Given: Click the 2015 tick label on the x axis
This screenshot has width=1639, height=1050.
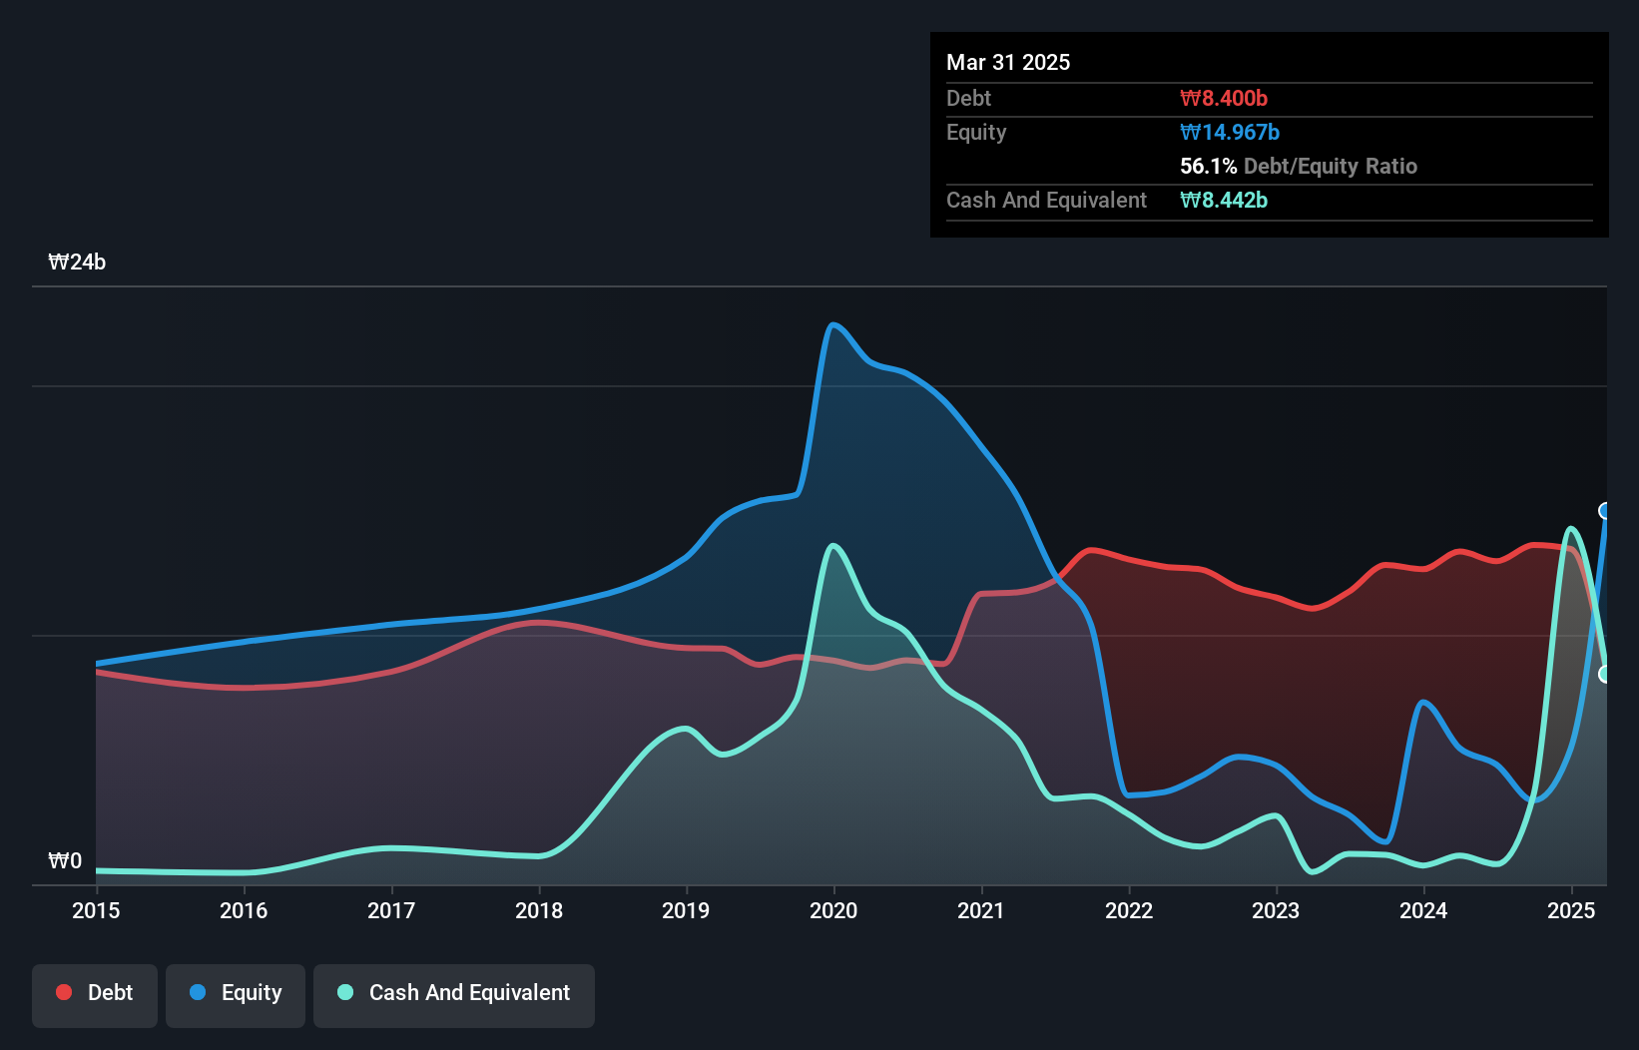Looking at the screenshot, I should pyautogui.click(x=96, y=910).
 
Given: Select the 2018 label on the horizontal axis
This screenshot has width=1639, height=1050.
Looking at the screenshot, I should pyautogui.click(x=539, y=910).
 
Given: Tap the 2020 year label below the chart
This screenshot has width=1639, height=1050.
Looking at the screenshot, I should pyautogui.click(x=833, y=910).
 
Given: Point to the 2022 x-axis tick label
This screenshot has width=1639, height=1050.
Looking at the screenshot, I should pyautogui.click(x=1129, y=910).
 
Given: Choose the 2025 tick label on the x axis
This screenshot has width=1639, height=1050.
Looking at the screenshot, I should pyautogui.click(x=1571, y=910).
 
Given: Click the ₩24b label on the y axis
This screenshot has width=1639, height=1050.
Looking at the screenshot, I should pyautogui.click(x=77, y=262).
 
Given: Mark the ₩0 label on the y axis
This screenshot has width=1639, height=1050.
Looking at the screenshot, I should pyautogui.click(x=65, y=860).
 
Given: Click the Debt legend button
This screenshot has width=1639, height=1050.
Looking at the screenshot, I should pyautogui.click(x=95, y=993).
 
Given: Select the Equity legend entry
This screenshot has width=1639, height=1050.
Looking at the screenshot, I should pyautogui.click(x=236, y=993).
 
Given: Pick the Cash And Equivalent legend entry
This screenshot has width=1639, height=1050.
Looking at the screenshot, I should pyautogui.click(x=454, y=993).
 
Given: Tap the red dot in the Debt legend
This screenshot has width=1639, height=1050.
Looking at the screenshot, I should pyautogui.click(x=64, y=992).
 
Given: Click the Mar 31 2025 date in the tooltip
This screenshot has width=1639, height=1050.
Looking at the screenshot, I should pyautogui.click(x=1008, y=62).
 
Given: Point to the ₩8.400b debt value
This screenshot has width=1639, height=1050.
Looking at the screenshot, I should pyautogui.click(x=1224, y=98).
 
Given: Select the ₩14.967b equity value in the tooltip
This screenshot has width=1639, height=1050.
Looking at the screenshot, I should pyautogui.click(x=1230, y=132).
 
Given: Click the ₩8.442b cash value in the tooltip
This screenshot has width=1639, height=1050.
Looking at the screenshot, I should pyautogui.click(x=1224, y=200).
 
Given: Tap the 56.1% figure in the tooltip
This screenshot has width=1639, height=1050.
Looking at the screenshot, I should pyautogui.click(x=1208, y=166).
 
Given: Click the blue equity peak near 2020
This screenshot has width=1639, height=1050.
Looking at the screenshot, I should pyautogui.click(x=833, y=324).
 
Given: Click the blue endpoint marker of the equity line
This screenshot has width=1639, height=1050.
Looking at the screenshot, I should pyautogui.click(x=1605, y=511).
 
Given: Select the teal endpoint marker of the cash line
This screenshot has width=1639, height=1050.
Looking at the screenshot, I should pyautogui.click(x=1605, y=675).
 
